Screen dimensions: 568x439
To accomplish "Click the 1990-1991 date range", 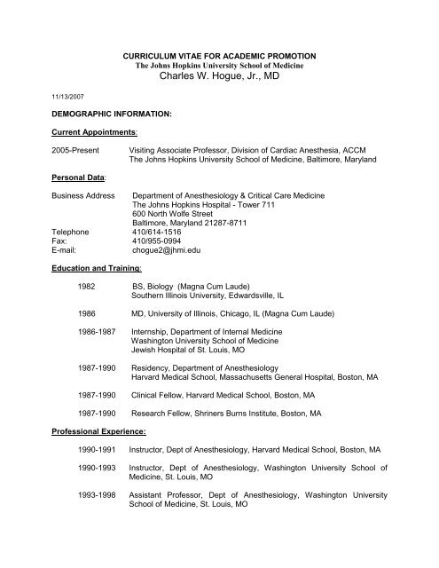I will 99,477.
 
